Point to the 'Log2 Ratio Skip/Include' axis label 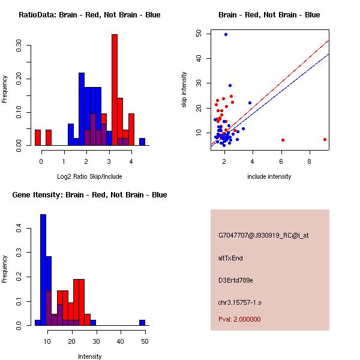tap(89, 176)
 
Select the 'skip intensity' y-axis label tap(185, 90)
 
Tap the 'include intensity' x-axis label tap(269, 176)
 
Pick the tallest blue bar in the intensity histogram tap(43, 270)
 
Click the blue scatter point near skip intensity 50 tap(226, 34)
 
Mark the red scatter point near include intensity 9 tap(325, 139)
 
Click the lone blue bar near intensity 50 tap(142, 323)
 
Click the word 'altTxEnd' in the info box tap(230, 258)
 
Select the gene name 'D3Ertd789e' tap(236, 280)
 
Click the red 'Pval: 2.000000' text tap(239, 319)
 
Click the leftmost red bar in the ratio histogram tap(38, 137)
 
